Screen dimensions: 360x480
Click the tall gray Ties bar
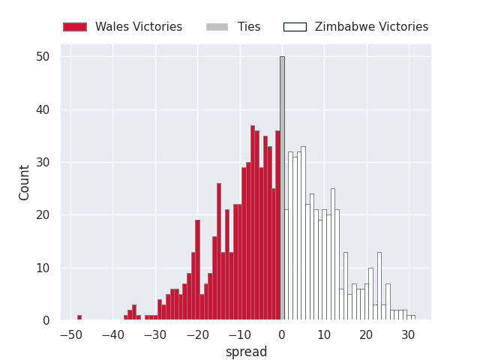(x=282, y=187)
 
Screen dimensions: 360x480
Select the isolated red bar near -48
(x=79, y=317)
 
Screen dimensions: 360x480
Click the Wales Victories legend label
(x=139, y=27)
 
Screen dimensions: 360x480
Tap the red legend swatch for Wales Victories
(x=75, y=27)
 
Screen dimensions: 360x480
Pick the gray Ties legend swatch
(x=217, y=27)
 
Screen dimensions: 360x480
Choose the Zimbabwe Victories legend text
(x=371, y=27)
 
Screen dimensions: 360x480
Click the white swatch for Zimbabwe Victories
(x=295, y=27)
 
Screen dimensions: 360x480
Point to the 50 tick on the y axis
(x=43, y=57)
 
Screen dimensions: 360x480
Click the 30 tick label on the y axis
(x=43, y=163)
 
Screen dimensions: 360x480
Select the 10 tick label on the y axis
(x=43, y=268)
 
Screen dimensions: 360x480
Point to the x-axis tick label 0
(x=282, y=335)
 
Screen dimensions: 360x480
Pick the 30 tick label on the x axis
(x=408, y=335)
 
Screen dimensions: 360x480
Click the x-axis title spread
(x=246, y=352)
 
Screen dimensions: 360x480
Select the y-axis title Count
(x=25, y=182)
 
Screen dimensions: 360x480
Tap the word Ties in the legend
(x=249, y=27)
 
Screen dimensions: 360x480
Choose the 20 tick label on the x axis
(x=366, y=335)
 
